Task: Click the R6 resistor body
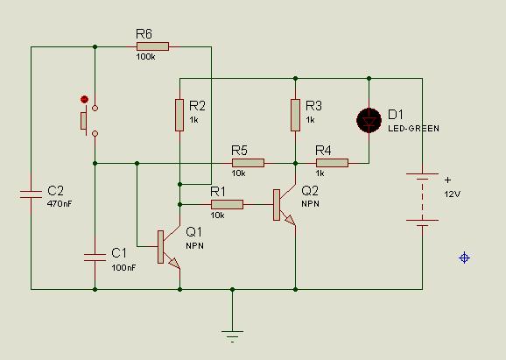(152, 46)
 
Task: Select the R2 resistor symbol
(179, 116)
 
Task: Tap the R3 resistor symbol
(295, 116)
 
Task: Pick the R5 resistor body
(248, 163)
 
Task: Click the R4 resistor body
(332, 163)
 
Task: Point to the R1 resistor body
(228, 204)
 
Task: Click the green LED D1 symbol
(369, 120)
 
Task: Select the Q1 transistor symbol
(168, 247)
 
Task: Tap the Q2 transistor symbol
(284, 205)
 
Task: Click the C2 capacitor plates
(31, 194)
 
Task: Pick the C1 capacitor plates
(95, 258)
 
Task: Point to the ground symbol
(232, 335)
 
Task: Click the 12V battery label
(452, 194)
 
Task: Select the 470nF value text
(60, 204)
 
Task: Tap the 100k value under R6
(146, 57)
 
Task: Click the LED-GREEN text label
(414, 129)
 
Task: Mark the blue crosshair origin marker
(464, 258)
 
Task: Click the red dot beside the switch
(84, 99)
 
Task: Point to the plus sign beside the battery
(447, 180)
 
